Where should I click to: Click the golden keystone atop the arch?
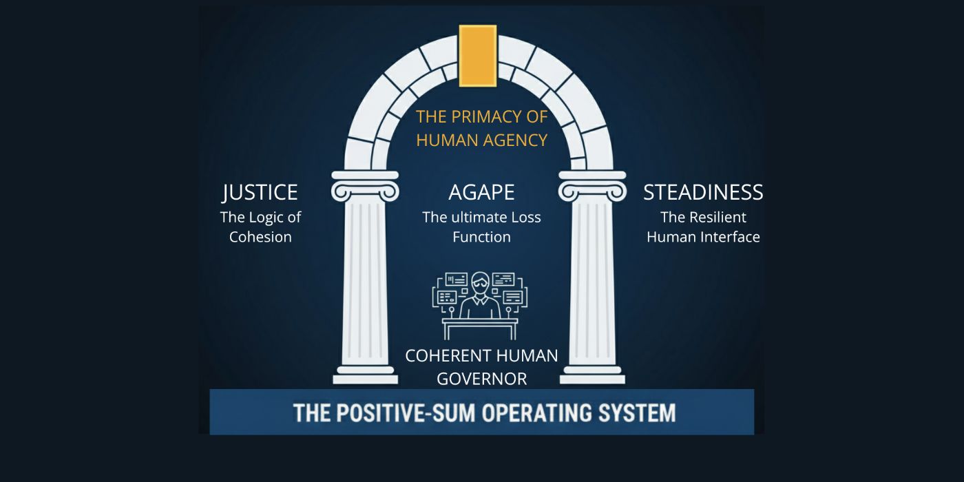click(478, 56)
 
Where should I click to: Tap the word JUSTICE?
click(260, 192)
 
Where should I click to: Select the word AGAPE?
click(481, 192)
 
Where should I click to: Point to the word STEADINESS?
click(703, 192)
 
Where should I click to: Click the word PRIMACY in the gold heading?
click(483, 117)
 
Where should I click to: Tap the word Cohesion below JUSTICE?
click(260, 237)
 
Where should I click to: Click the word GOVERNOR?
click(481, 379)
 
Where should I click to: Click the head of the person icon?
click(480, 283)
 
